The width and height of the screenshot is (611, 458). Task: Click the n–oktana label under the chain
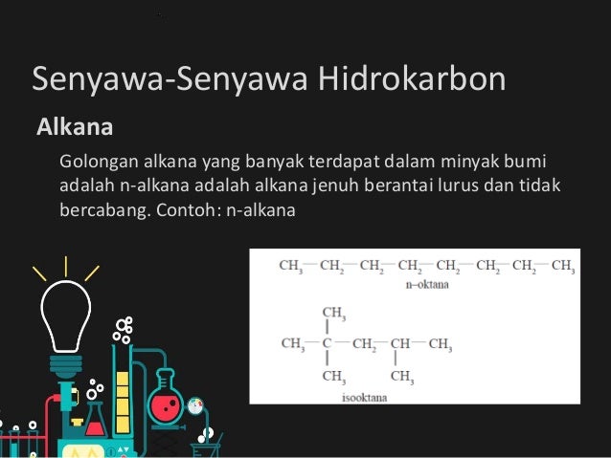click(x=426, y=284)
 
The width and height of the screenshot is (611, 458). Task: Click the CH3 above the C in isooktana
click(x=334, y=314)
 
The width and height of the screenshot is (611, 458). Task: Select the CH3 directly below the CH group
click(x=402, y=375)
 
